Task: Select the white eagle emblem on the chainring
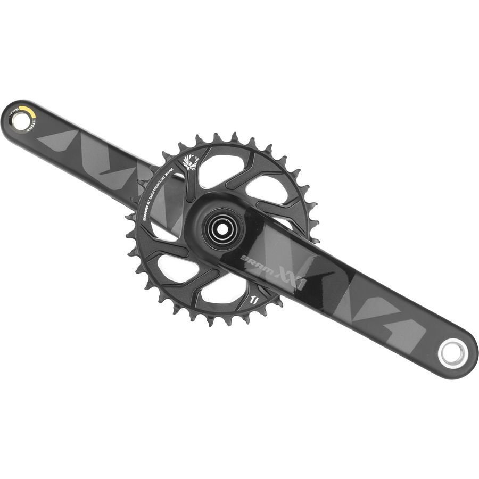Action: tap(190, 162)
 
